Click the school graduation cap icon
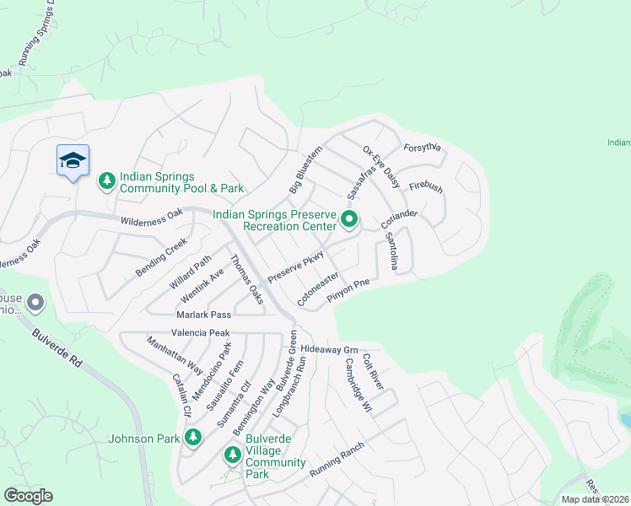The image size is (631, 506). [73, 160]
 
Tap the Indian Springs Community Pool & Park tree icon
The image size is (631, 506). [107, 180]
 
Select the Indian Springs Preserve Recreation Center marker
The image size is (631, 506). [349, 221]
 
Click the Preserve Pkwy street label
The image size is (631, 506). [296, 266]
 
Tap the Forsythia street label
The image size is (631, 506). [423, 148]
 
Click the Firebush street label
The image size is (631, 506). [426, 187]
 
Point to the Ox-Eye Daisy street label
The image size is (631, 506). [381, 165]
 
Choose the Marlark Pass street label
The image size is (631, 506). [203, 315]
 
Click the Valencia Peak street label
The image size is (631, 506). [201, 333]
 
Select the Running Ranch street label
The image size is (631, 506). [337, 460]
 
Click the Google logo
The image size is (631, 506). [28, 496]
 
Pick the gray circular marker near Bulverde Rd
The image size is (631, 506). [35, 302]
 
